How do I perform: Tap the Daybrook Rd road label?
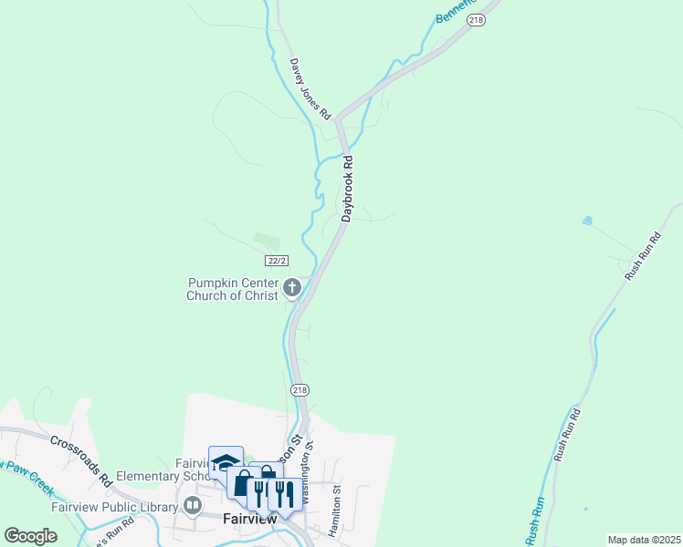pos(347,188)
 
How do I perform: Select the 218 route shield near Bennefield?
pos(475,20)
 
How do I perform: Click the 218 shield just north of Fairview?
pos(299,389)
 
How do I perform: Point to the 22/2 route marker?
pos(282,262)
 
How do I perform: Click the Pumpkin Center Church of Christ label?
pos(234,289)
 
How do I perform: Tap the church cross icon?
pos(292,289)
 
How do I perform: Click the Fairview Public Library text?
pos(100,507)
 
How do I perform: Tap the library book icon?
pos(194,505)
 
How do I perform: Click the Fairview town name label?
pos(249,519)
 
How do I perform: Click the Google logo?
pos(30,535)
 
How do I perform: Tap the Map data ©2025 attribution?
pos(644,540)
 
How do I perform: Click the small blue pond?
pos(586,221)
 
